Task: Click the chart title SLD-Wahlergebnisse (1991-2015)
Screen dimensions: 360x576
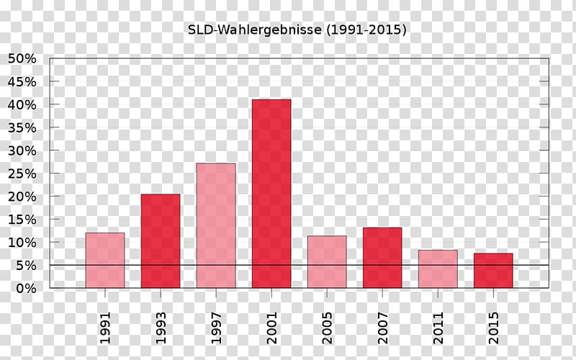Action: (297, 30)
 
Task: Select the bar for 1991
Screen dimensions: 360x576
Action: (105, 260)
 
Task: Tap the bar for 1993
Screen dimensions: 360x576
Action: (161, 241)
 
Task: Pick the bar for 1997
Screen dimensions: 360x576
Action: (216, 225)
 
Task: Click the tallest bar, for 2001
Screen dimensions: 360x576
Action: (271, 194)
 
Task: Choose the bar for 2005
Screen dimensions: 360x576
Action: (327, 261)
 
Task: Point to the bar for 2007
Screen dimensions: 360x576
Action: (382, 258)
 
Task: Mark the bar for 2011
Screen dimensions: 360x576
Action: (438, 269)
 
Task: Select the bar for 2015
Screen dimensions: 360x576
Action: (493, 270)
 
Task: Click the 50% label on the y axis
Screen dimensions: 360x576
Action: (22, 59)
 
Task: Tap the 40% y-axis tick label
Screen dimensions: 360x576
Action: (22, 105)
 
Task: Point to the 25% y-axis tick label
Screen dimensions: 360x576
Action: (22, 174)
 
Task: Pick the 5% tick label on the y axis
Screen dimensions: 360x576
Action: (25, 266)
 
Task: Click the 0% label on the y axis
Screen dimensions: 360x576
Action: (25, 288)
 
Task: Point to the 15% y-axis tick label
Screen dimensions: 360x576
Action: (22, 220)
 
